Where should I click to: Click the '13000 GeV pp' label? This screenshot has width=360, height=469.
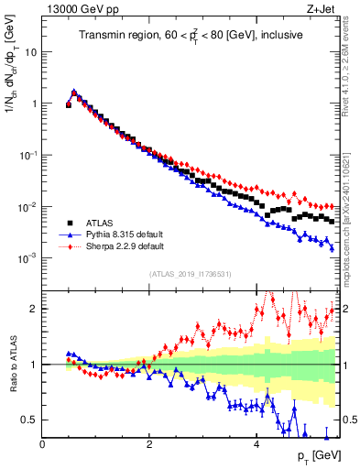[x=75, y=9]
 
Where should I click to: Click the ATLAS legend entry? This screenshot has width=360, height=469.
[x=100, y=222]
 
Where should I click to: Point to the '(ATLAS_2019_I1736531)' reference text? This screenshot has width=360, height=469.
[x=190, y=274]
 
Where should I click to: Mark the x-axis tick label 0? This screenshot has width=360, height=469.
[x=43, y=444]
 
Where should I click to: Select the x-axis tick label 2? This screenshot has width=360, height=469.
[x=149, y=444]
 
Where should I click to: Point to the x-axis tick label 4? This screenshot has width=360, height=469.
[x=256, y=444]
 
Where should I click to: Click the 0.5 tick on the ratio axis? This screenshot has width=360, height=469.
[x=31, y=420]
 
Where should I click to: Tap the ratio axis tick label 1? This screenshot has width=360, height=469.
[x=36, y=365]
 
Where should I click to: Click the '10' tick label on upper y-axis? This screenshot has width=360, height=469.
[x=32, y=52]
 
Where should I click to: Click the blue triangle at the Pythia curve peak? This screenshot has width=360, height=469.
[x=74, y=92]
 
